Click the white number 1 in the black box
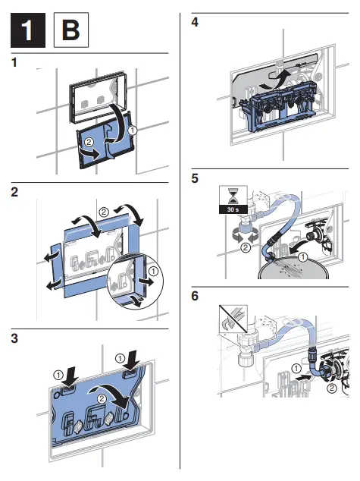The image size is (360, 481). [x=27, y=30]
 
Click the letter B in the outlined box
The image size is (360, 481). [x=70, y=30]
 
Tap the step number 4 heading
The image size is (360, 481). [x=195, y=22]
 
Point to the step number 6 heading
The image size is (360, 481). [x=195, y=296]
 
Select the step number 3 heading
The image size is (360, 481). [x=14, y=338]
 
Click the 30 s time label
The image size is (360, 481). [x=233, y=209]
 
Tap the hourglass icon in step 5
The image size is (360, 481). [x=233, y=196]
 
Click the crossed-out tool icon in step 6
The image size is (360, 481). [x=233, y=319]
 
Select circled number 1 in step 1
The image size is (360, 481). [x=132, y=130]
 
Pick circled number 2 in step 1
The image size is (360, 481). [x=89, y=142]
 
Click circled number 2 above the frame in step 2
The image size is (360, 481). [x=104, y=212]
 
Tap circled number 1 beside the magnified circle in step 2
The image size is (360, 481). [x=154, y=271]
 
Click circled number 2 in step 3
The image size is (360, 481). [x=102, y=399]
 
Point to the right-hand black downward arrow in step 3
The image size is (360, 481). [x=133, y=361]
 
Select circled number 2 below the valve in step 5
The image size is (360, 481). [x=246, y=247]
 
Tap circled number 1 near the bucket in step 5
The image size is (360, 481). [x=302, y=256]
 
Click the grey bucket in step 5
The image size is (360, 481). [x=293, y=269]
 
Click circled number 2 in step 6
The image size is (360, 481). [x=332, y=388]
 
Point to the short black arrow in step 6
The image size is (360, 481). [x=303, y=376]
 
